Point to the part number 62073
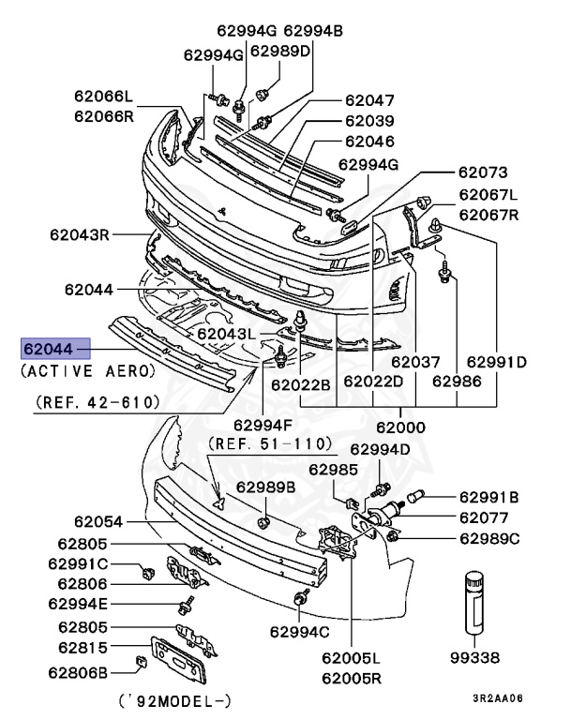482,172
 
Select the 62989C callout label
488,538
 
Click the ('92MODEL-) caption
176,700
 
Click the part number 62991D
497,361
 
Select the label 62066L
104,96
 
